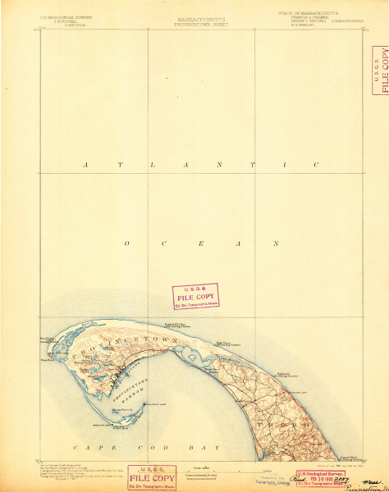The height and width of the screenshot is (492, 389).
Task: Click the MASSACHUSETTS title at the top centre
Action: pos(194,19)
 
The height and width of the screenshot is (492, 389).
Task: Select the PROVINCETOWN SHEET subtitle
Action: pos(194,24)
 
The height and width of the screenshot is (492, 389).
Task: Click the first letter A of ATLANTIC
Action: pos(97,166)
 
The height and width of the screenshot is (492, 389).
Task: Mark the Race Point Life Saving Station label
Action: pos(49,338)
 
